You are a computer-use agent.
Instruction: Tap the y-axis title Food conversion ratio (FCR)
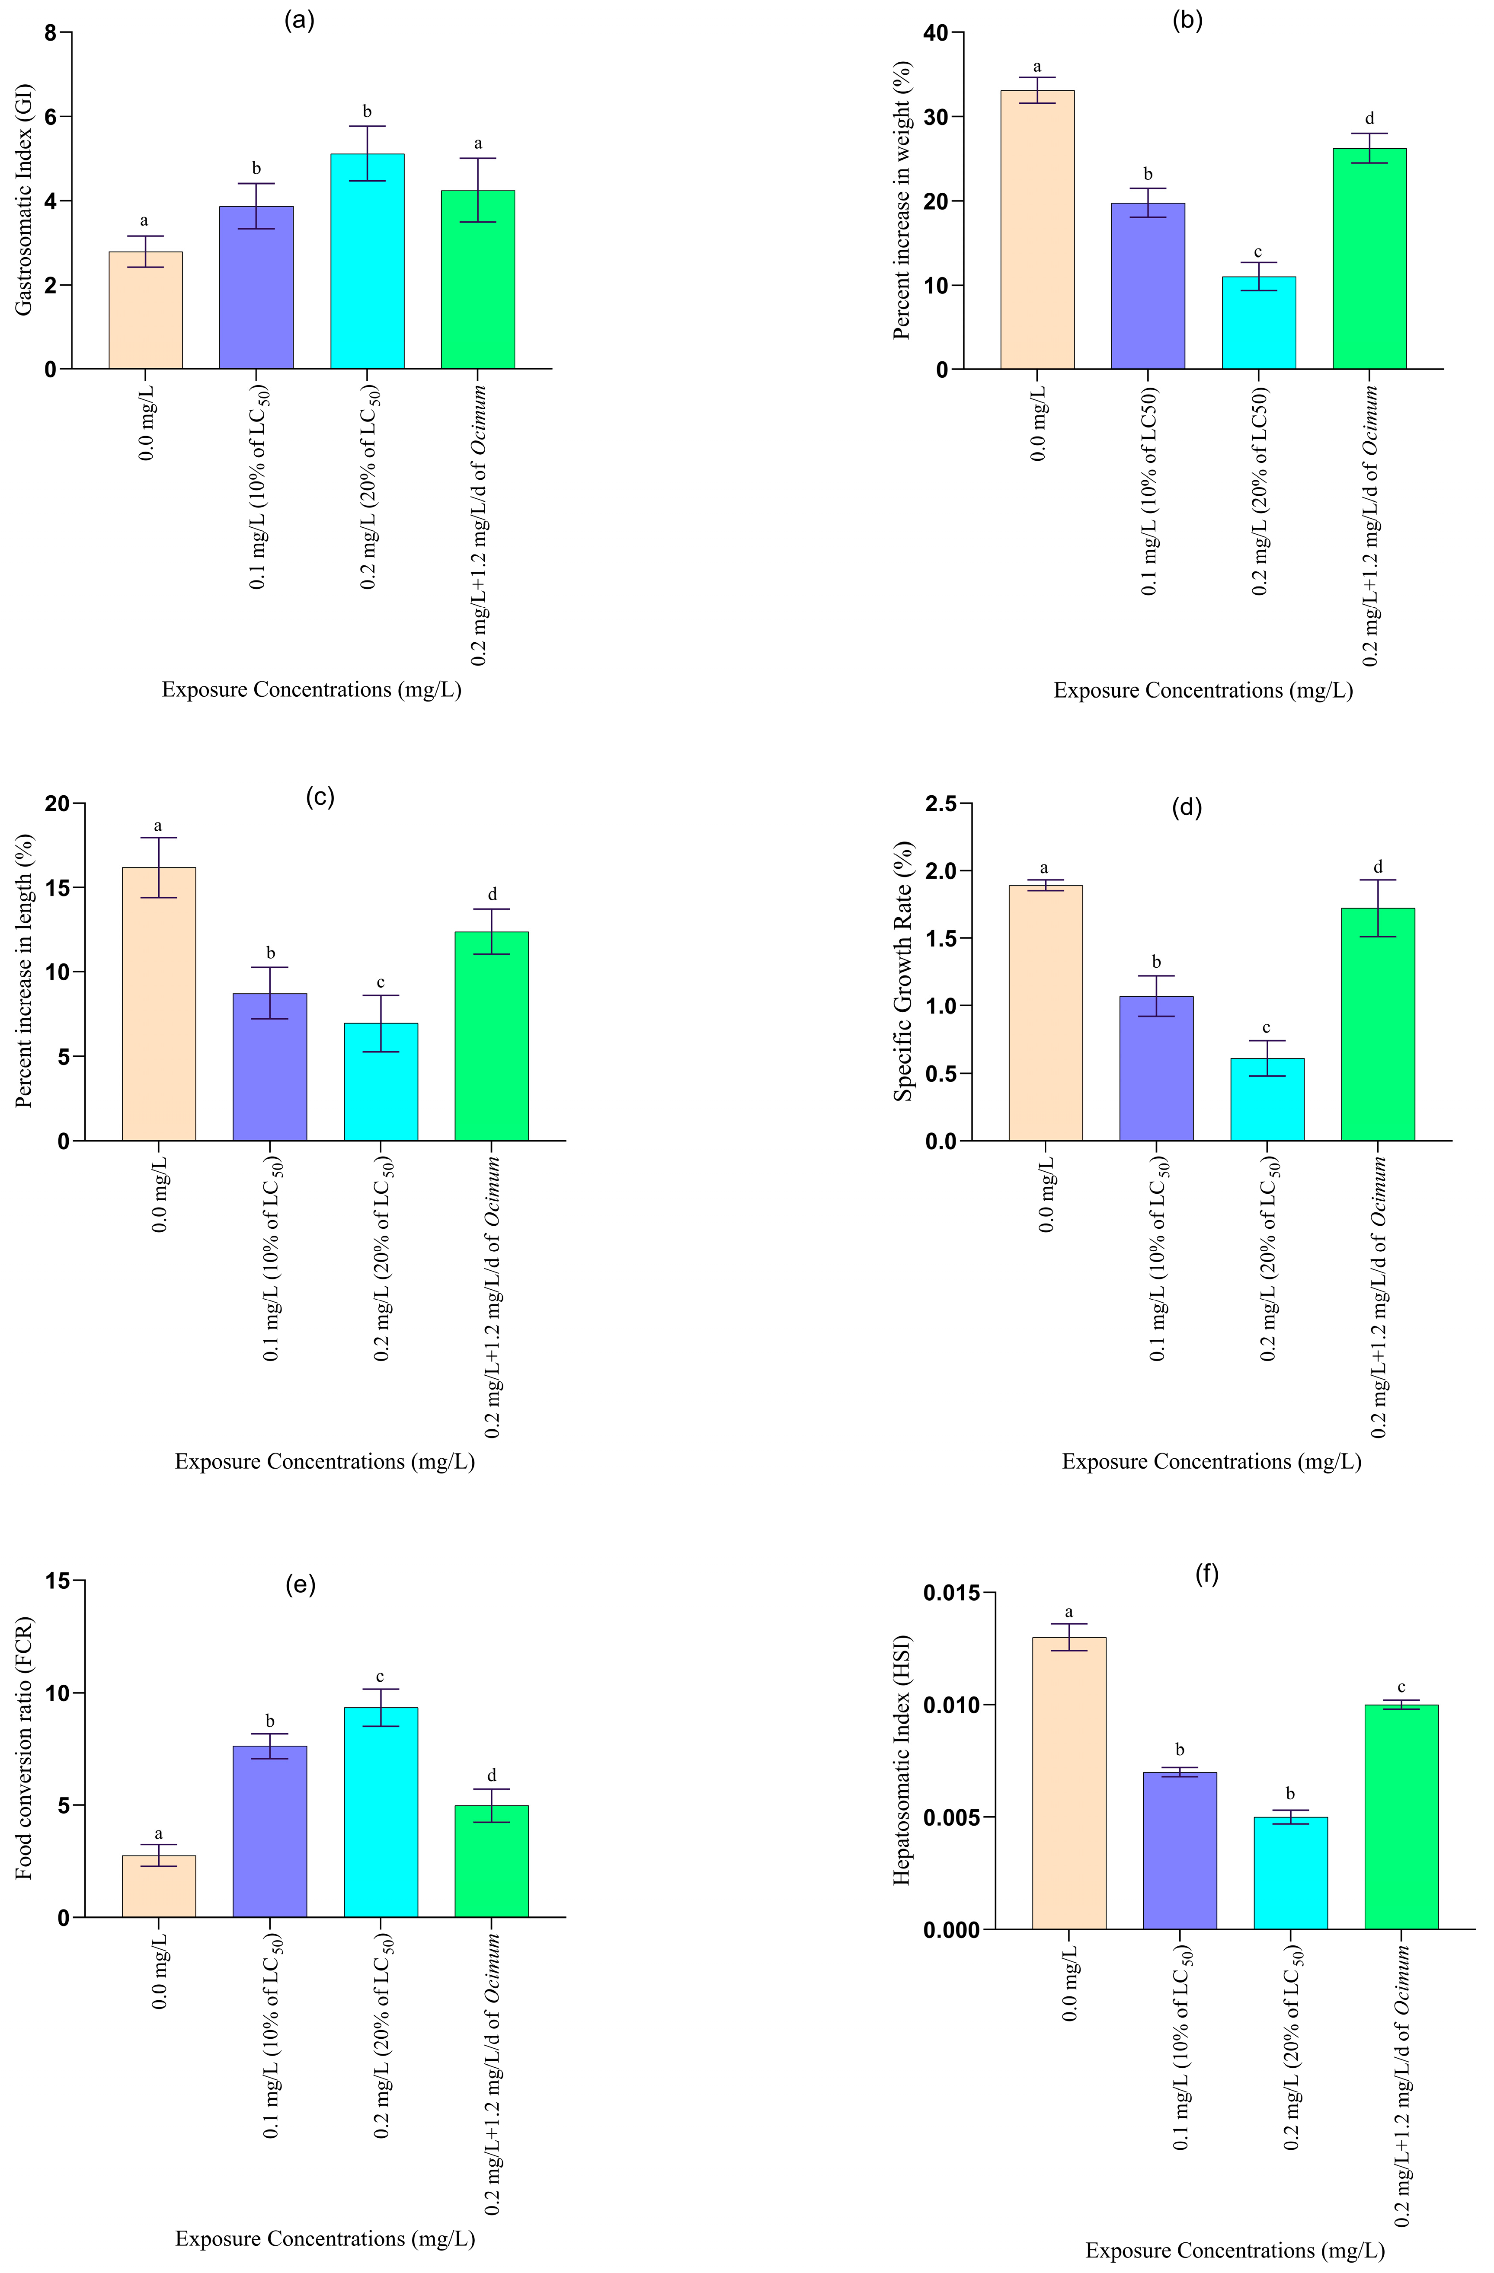[x=24, y=1748]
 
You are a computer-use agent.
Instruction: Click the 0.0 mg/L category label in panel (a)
[x=146, y=425]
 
